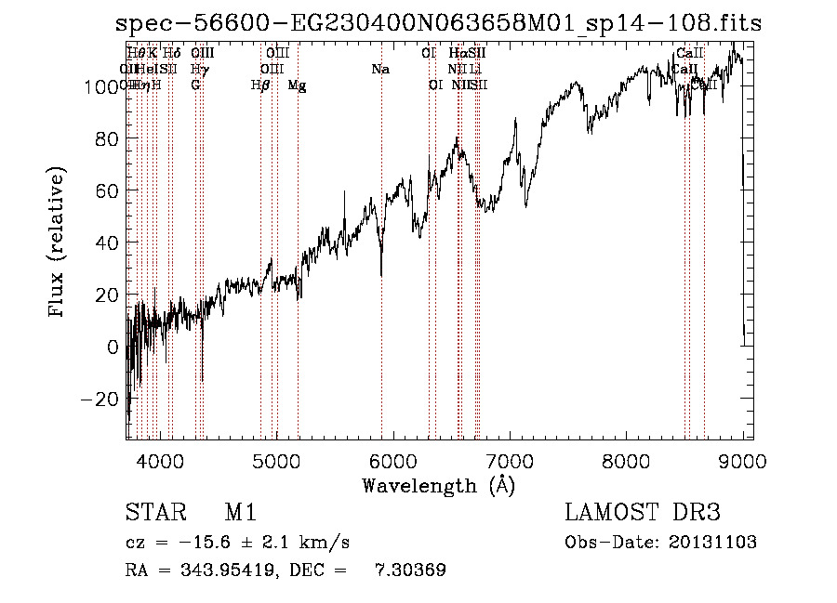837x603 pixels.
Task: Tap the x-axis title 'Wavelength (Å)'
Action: coord(438,485)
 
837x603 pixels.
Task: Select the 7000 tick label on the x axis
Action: coord(510,461)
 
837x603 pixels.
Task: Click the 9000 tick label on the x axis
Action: coord(742,461)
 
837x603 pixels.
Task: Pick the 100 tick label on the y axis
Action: coord(100,86)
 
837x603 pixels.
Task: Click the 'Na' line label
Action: coord(379,69)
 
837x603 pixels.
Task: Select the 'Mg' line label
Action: coord(297,85)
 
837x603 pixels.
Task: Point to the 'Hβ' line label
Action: coord(260,85)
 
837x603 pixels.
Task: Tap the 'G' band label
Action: coord(195,85)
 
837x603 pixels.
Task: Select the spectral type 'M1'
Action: coord(240,513)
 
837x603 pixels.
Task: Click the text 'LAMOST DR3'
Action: coord(642,513)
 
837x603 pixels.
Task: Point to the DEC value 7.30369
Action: coord(410,570)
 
